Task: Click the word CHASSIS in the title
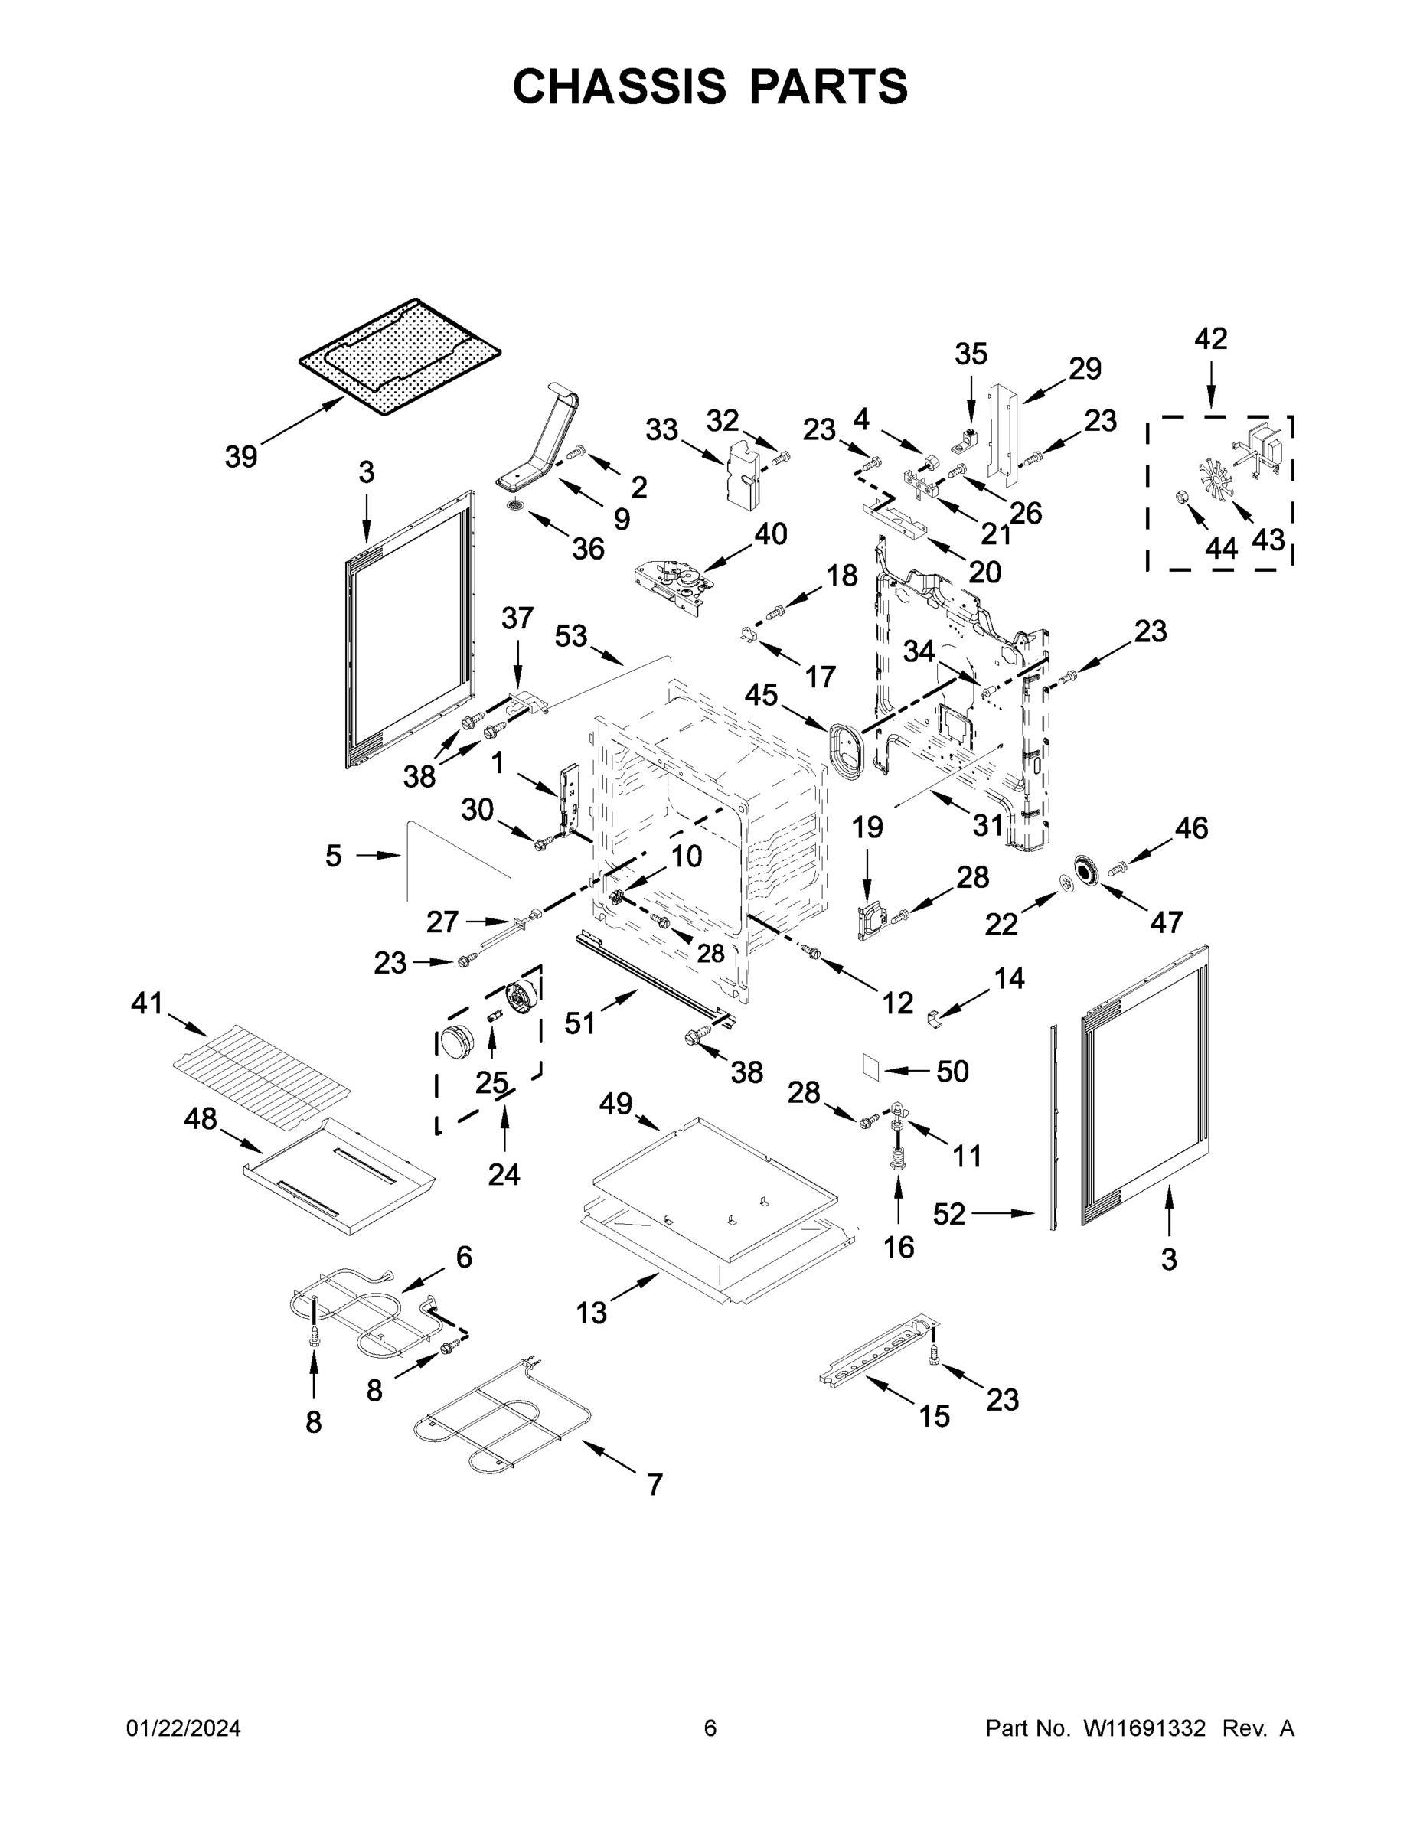[619, 86]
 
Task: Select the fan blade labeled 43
[1216, 483]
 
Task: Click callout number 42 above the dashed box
[1210, 339]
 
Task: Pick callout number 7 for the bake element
[655, 1485]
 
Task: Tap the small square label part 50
[870, 1065]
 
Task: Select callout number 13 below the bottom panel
[592, 1312]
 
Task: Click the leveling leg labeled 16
[896, 1153]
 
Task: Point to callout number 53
[570, 636]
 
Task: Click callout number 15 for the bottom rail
[934, 1415]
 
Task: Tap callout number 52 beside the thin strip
[949, 1214]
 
